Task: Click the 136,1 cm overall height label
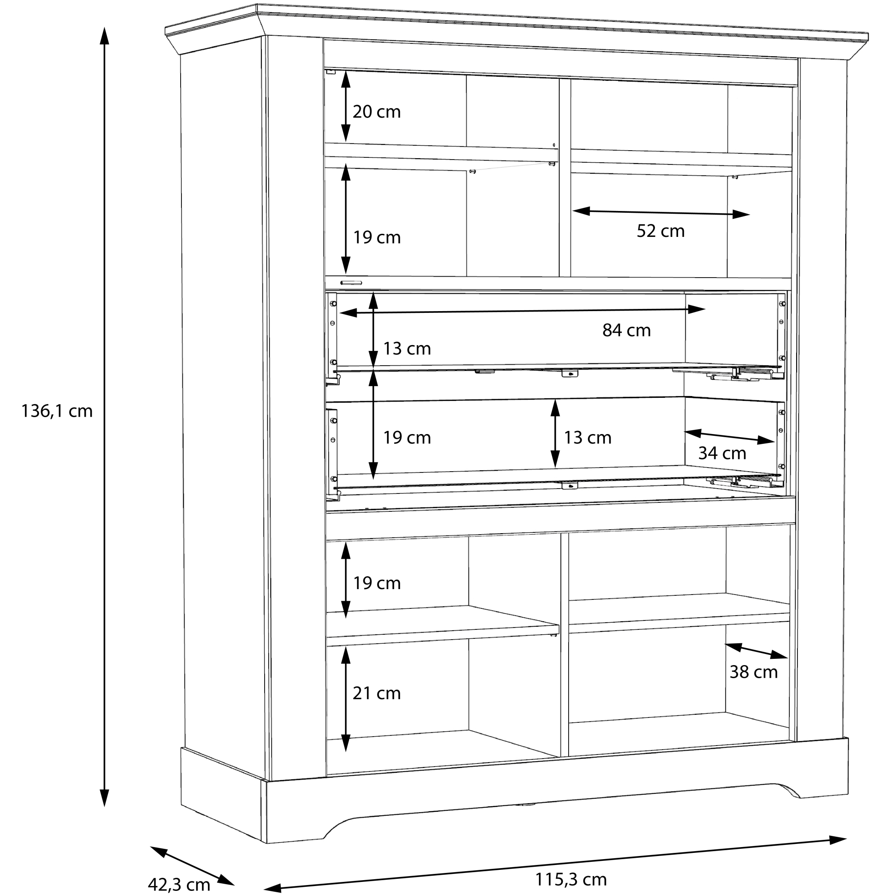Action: coord(57,411)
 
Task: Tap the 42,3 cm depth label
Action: coord(179,884)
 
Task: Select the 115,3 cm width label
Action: coord(570,879)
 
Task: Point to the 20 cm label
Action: coord(377,112)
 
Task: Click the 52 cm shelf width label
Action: coord(660,231)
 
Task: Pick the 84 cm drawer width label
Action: coord(626,330)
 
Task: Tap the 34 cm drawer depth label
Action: coord(722,453)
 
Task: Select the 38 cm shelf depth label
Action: coord(753,672)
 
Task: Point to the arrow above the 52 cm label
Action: coord(661,212)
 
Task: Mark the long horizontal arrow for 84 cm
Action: coord(522,311)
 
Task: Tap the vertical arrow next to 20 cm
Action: coord(346,106)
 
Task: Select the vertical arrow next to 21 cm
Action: coord(346,699)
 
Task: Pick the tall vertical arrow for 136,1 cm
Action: coord(105,417)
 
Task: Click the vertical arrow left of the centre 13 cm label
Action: coord(555,434)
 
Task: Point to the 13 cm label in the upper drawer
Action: coord(407,349)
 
